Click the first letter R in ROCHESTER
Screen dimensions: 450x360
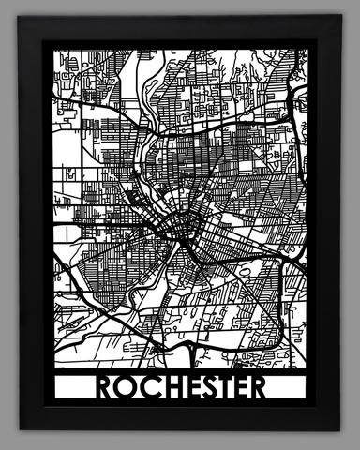pos(103,387)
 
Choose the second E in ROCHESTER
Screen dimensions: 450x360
pos(238,387)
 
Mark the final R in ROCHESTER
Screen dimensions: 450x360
pos(257,387)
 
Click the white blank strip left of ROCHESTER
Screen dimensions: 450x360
pos(73,387)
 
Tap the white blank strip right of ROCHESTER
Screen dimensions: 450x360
pos(289,387)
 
